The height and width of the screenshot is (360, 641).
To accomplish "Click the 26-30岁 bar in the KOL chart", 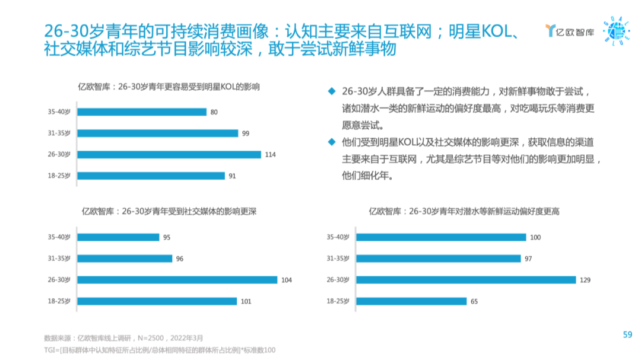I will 169,154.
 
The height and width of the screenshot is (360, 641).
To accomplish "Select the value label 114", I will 271,154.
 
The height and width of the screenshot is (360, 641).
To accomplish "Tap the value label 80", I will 214,112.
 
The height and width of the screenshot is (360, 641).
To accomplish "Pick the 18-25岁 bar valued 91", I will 151,176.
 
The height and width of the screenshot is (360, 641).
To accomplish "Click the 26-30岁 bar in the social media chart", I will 177,280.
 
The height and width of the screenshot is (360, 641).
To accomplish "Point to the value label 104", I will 287,280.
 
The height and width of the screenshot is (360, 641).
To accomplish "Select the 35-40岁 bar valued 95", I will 119,237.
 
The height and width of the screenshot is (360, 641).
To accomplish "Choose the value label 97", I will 529,259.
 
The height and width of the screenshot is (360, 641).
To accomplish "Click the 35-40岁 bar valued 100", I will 441,237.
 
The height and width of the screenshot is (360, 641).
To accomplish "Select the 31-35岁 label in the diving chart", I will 338,259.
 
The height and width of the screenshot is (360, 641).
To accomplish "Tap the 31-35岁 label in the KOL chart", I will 59,133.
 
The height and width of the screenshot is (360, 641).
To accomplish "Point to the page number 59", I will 627,334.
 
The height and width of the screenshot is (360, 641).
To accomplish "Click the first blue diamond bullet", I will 332,92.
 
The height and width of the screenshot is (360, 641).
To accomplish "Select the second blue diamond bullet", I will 332,142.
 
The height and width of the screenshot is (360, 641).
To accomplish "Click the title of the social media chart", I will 169,211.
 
